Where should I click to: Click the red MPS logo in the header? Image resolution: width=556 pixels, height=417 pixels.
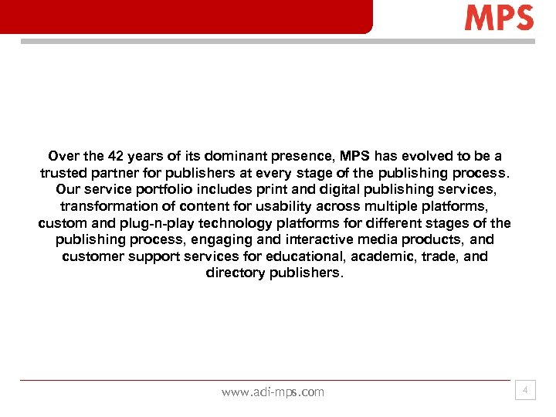pos(499,18)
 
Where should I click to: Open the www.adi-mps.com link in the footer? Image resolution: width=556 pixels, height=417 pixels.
pos(273,392)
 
